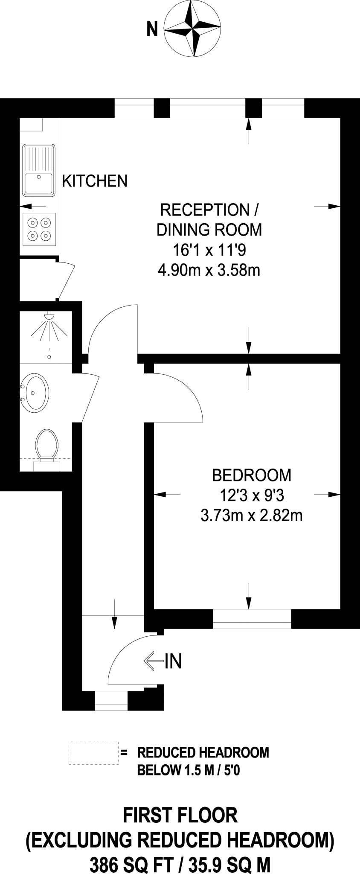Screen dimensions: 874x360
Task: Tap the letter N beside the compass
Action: coord(152,30)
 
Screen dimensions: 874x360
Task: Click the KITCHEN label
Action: coord(95,181)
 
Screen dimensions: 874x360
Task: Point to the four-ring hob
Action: coord(39,229)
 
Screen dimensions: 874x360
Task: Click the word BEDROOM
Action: coord(252,475)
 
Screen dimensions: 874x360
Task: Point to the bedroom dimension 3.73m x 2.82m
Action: coord(252,516)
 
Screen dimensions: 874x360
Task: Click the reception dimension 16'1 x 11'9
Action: coord(209,250)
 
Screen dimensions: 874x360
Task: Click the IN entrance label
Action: coord(173,661)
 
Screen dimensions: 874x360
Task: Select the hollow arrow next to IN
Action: coord(154,661)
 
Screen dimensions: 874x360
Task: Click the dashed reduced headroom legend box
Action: coord(93,753)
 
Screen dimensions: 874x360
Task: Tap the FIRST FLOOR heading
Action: coord(180,816)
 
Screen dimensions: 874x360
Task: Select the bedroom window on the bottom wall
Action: coord(252,619)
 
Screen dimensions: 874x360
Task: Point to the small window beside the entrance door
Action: coord(111,701)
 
